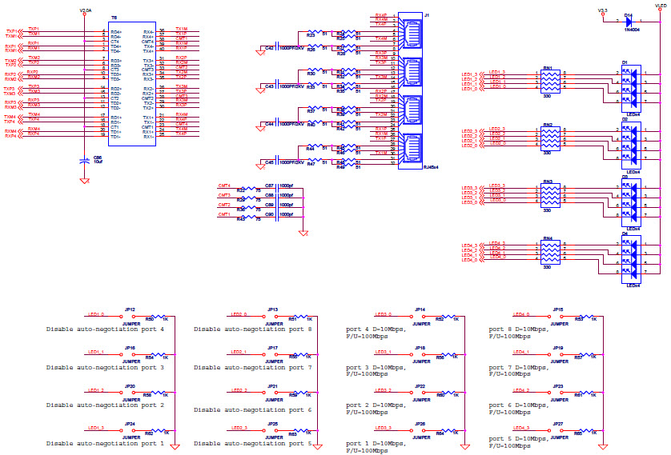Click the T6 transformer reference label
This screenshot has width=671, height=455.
(114, 17)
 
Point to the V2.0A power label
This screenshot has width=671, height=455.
(86, 11)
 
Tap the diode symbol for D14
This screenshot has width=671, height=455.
(628, 22)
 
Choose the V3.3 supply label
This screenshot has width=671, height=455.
(602, 10)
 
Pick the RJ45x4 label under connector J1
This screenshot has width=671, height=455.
(430, 168)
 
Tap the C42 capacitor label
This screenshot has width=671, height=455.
(269, 48)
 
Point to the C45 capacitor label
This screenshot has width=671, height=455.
(269, 162)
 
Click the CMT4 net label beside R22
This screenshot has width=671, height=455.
(224, 186)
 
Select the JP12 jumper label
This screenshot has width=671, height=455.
(130, 309)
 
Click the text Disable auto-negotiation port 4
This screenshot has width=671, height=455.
(105, 329)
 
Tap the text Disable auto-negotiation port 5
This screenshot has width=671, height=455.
(252, 442)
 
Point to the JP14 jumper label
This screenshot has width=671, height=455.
(420, 309)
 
